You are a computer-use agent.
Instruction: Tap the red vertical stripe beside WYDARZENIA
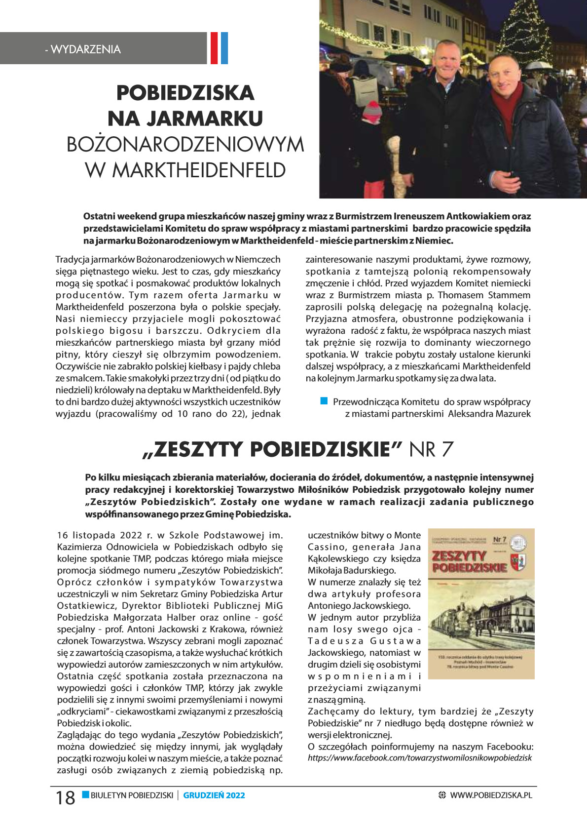(214, 48)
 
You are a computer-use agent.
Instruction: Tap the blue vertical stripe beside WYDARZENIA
(224, 48)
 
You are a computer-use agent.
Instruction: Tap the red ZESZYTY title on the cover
(460, 556)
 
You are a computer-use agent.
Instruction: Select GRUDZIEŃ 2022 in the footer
(214, 795)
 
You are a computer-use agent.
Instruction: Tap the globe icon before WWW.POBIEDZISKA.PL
(442, 795)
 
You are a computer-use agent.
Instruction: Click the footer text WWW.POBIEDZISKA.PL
(491, 795)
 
